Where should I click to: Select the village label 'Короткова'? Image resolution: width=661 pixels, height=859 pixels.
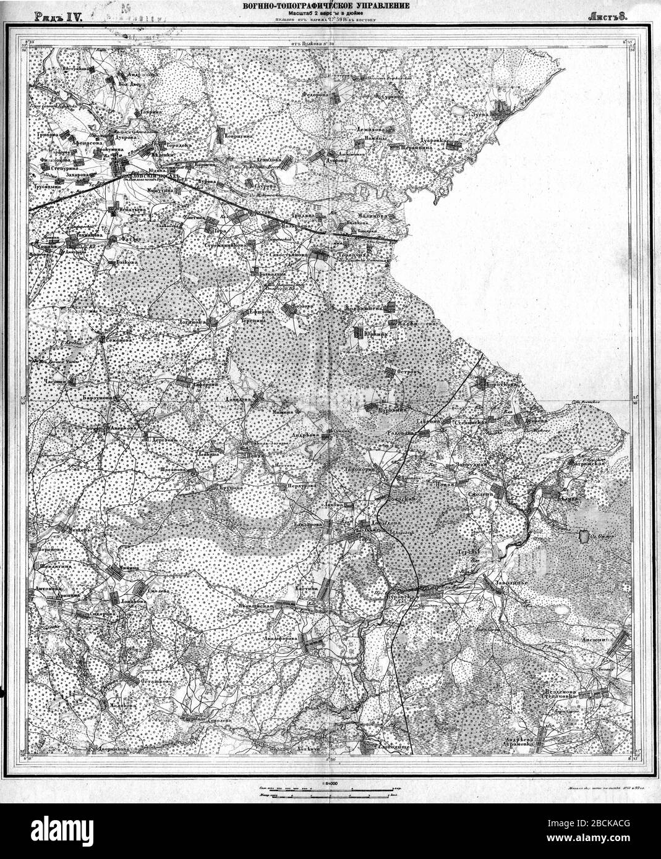pos(502,384)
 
